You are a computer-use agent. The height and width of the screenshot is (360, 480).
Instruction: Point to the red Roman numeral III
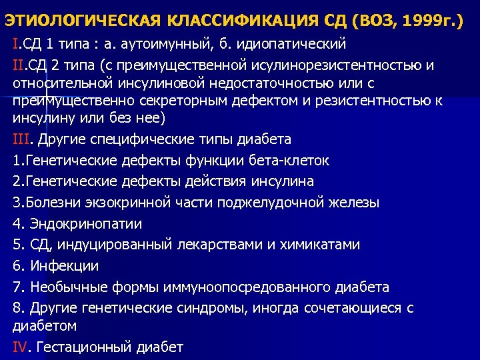point(22,139)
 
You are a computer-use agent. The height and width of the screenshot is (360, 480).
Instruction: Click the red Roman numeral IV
point(21,347)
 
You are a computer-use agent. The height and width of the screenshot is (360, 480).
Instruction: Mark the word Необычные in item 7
point(63,287)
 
